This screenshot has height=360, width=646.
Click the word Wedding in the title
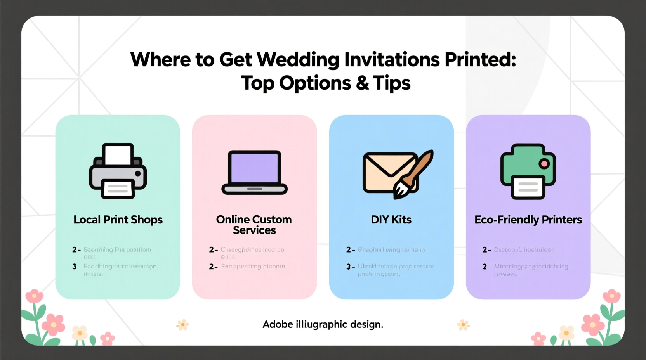click(298, 60)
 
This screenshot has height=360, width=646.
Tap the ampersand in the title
click(362, 83)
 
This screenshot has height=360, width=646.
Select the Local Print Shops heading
click(118, 220)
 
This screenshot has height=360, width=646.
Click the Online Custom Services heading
click(254, 225)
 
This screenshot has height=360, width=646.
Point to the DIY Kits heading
click(391, 220)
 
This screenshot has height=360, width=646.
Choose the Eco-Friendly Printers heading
click(528, 220)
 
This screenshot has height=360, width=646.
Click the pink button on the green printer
click(544, 164)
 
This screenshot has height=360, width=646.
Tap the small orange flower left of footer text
click(182, 325)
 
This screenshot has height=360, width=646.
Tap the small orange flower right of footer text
click(463, 325)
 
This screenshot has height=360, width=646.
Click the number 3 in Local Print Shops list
click(75, 267)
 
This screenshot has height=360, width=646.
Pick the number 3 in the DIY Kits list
click(349, 267)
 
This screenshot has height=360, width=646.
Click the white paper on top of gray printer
click(118, 154)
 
